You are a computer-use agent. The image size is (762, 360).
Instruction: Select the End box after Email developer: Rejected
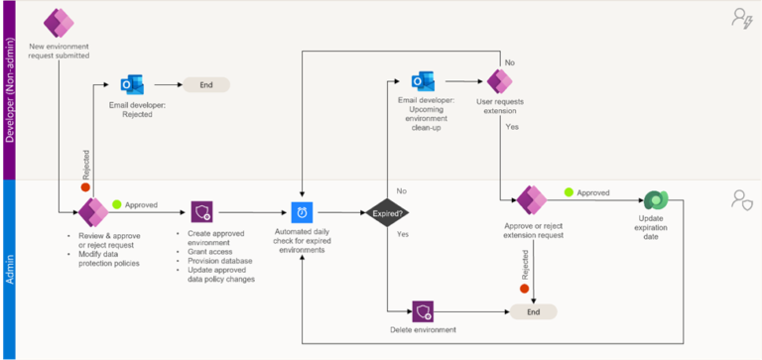[x=205, y=85]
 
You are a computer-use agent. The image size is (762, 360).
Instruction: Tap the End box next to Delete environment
[x=534, y=310]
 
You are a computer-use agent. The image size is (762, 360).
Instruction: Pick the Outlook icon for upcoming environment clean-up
[x=425, y=80]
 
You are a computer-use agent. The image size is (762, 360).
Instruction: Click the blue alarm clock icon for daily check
[x=302, y=211]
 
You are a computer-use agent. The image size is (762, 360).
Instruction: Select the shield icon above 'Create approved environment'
[x=202, y=211]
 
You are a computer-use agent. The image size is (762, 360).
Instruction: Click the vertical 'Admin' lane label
[x=10, y=268]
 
